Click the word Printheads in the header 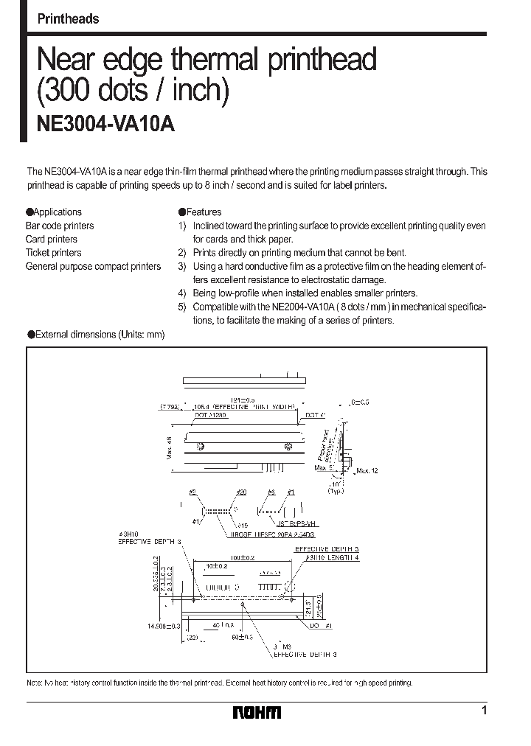tap(68, 19)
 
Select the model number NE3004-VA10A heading tap(105, 124)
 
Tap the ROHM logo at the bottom tap(257, 712)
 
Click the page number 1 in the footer tap(483, 711)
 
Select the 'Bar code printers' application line tap(60, 226)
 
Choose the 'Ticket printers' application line tap(53, 253)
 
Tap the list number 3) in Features tap(182, 266)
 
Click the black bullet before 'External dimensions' tap(31, 334)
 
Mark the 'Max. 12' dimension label tap(367, 471)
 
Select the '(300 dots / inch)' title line tap(133, 90)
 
